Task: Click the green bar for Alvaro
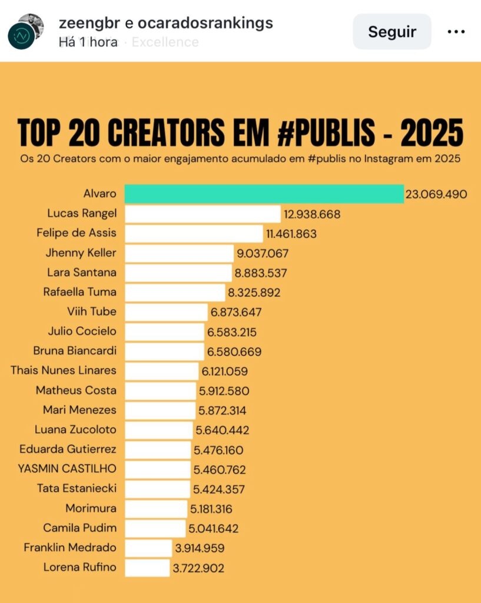[x=264, y=194]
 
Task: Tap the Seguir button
[x=392, y=32]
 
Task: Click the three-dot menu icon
[x=456, y=32]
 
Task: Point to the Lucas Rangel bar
[x=203, y=214]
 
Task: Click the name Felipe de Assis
[x=77, y=233]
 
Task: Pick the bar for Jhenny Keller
[x=180, y=253]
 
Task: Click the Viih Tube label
[x=92, y=312]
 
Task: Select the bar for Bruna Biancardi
[x=164, y=352]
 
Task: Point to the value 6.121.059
[x=225, y=371]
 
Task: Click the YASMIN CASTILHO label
[x=68, y=469]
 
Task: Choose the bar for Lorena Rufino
[x=147, y=568]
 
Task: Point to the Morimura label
[x=91, y=508]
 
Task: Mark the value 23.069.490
[x=436, y=194]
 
